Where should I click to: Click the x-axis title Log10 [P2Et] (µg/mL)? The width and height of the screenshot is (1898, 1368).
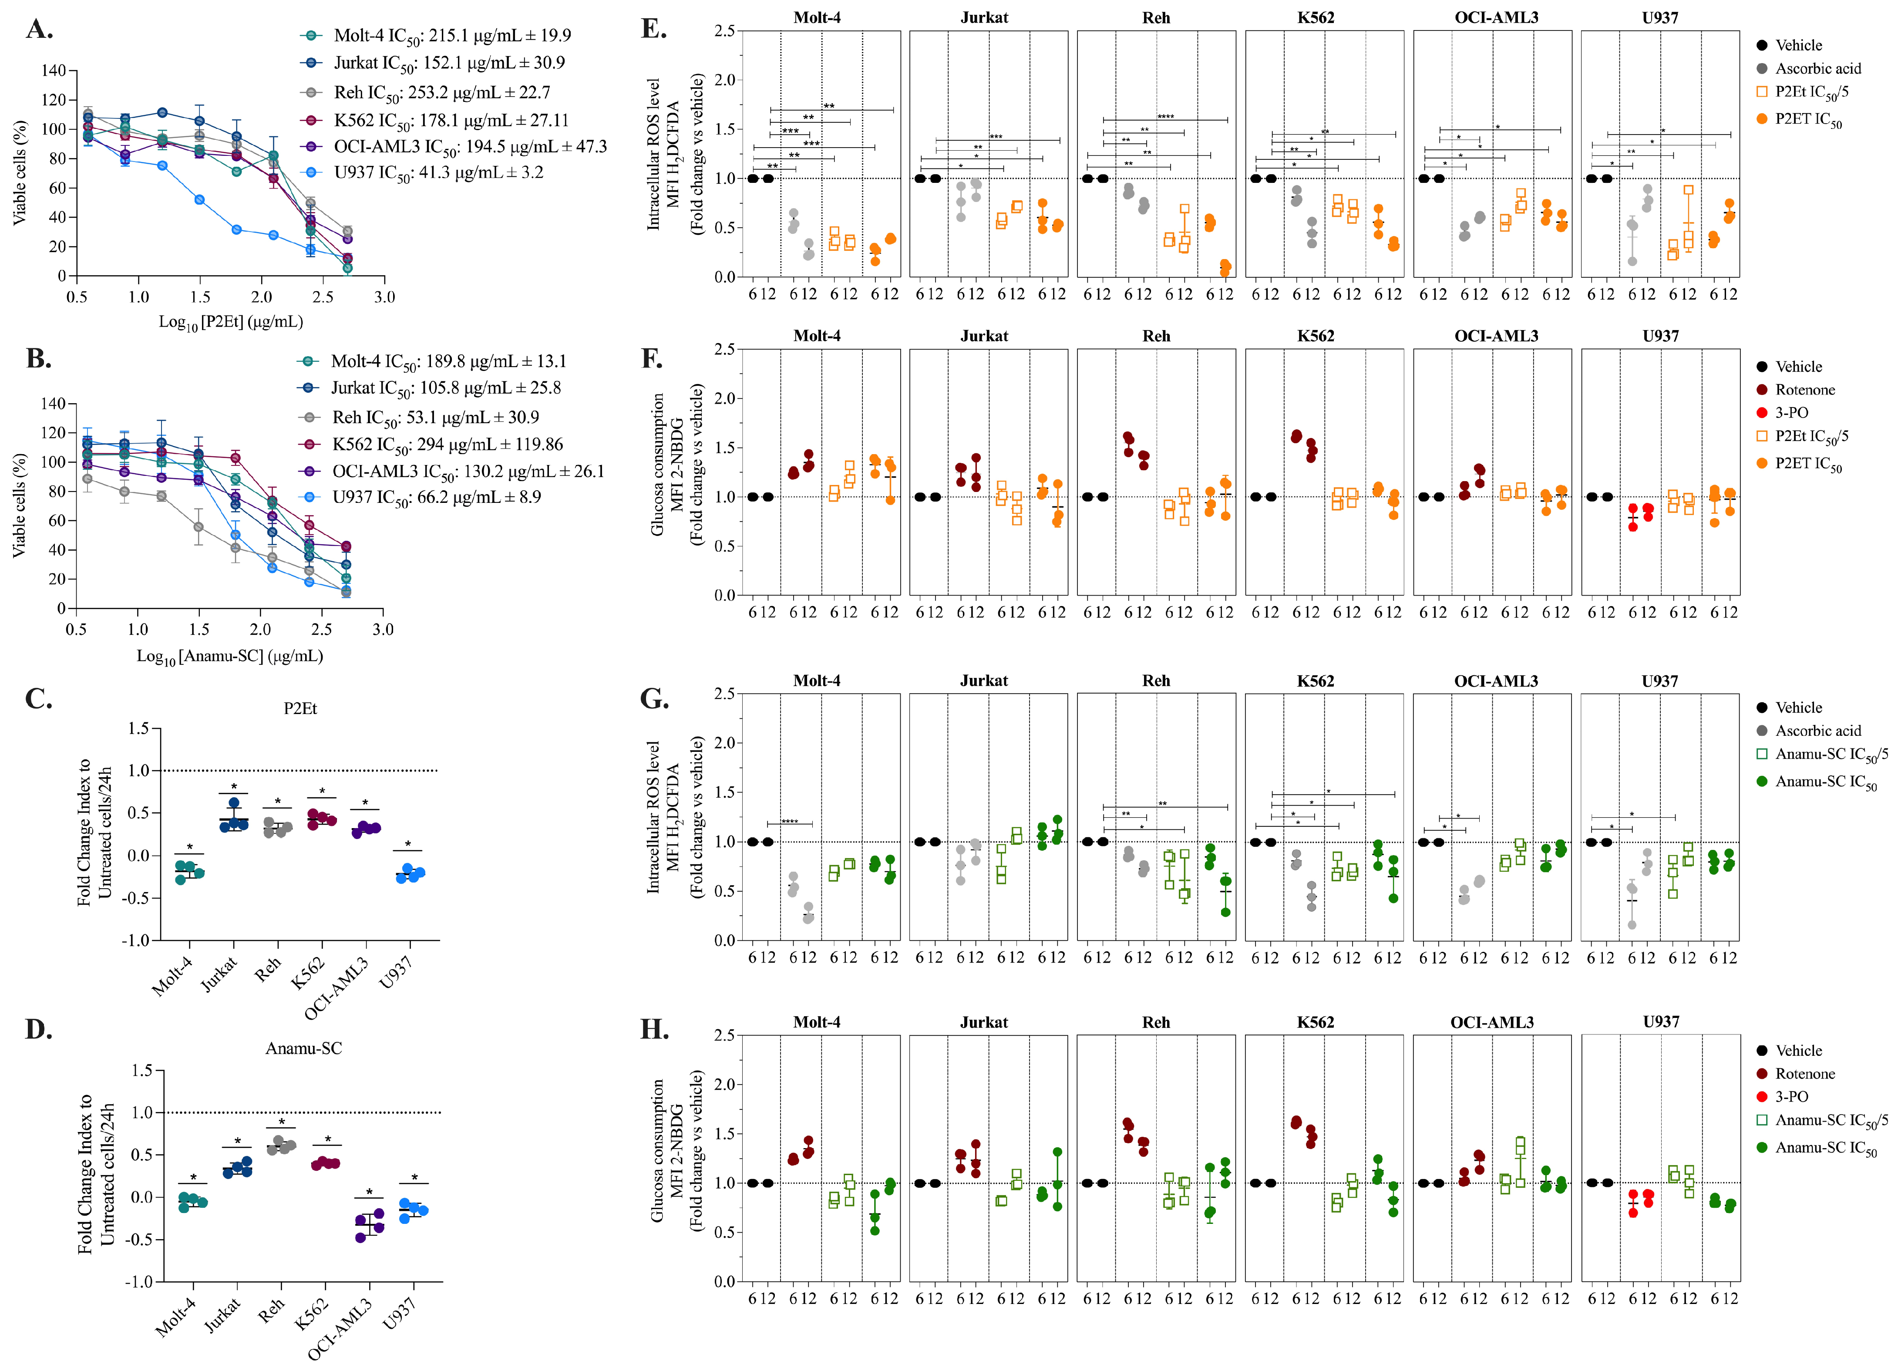231,322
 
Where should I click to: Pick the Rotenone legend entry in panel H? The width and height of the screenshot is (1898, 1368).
1805,1073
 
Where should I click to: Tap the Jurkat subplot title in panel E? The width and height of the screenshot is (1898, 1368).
984,17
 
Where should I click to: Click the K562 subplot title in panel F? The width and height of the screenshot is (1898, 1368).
1316,336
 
